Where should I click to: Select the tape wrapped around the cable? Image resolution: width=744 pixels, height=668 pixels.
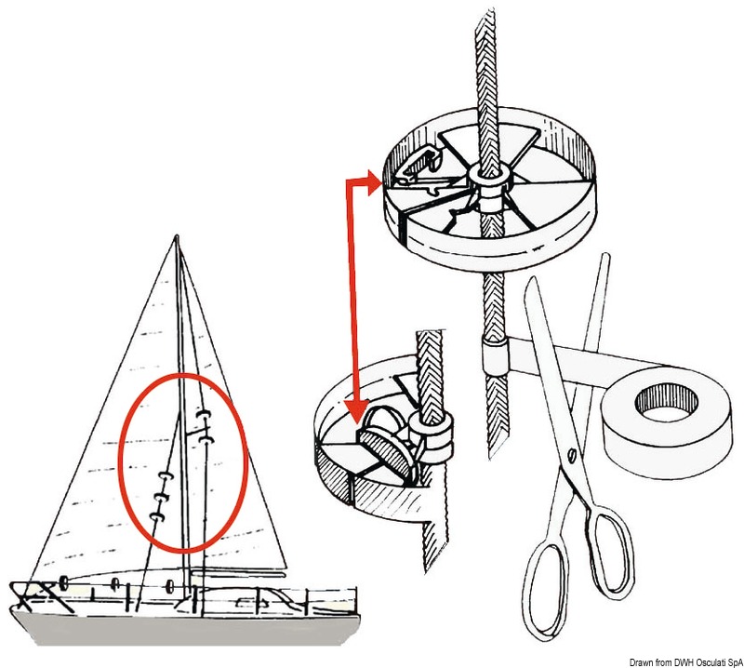click(x=494, y=354)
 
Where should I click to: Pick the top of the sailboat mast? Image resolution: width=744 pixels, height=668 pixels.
click(x=177, y=239)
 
